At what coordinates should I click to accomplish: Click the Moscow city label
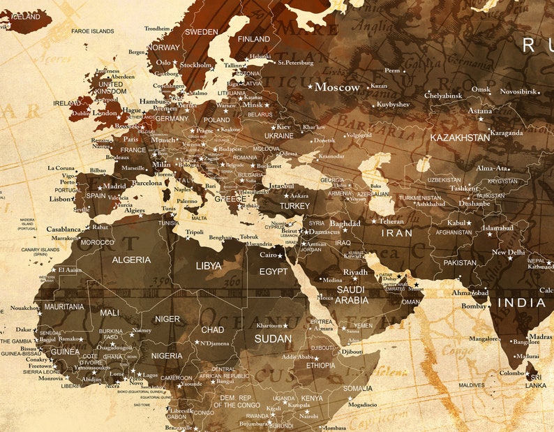pos(337,87)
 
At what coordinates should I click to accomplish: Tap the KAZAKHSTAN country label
pos(459,137)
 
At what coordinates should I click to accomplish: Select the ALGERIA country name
pos(131,260)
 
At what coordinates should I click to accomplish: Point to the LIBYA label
pos(208,266)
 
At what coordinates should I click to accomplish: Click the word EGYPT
pos(273,271)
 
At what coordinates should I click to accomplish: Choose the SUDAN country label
pos(273,338)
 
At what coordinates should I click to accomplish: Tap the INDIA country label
pos(521,302)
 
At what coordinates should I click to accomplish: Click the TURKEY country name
pos(294,207)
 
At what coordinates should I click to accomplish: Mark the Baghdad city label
pos(345,223)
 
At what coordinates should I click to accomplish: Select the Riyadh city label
pos(355,272)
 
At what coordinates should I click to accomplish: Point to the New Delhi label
pos(508,253)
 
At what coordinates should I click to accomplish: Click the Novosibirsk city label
pos(518,91)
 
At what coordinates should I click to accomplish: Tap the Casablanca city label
pos(63,229)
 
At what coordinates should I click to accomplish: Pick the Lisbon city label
pos(61,199)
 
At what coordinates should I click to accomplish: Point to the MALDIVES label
pos(472,385)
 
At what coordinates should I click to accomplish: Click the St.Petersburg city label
pos(297,62)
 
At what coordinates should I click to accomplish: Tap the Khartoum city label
pos(269,325)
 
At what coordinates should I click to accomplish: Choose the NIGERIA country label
pos(167,355)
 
